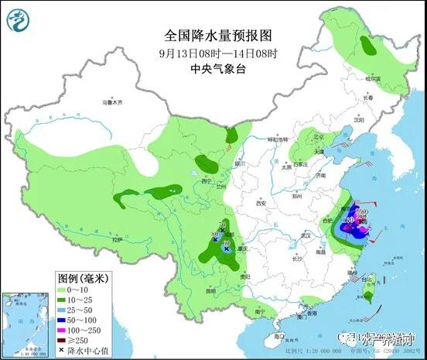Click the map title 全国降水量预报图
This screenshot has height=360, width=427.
[x=213, y=36]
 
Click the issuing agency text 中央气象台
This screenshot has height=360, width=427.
[x=213, y=69]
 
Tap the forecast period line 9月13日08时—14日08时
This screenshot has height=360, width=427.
[x=213, y=53]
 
